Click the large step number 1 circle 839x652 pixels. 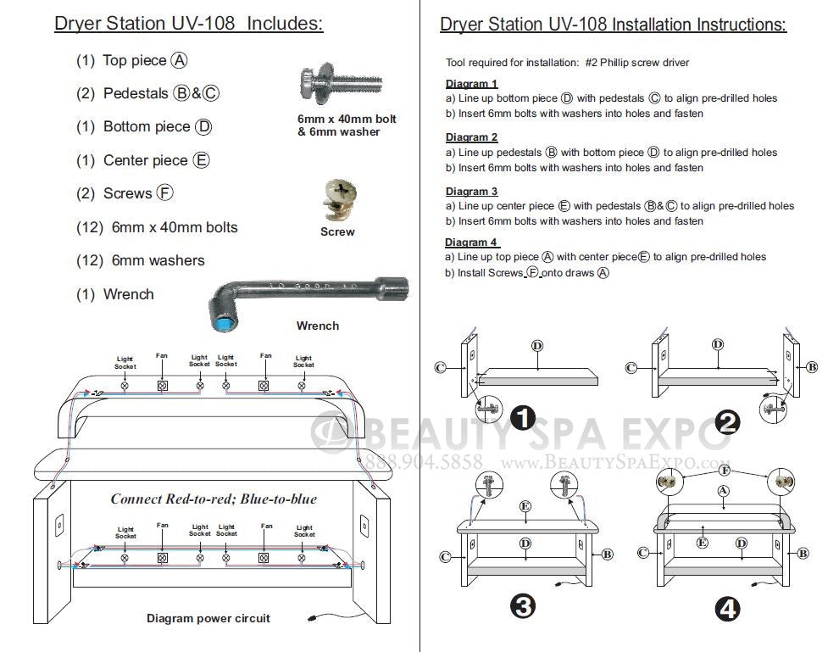(524, 417)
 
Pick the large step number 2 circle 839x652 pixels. (726, 421)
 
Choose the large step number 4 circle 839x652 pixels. (726, 609)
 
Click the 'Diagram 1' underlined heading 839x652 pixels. (471, 84)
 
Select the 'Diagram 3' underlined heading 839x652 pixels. (471, 192)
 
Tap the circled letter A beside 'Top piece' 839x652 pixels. (179, 60)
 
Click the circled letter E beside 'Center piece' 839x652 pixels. (201, 160)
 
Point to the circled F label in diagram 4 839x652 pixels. (724, 470)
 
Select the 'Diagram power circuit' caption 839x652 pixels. (208, 618)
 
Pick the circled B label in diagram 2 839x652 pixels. (812, 367)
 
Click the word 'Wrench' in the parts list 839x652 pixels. (129, 294)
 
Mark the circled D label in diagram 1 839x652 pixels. (536, 346)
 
